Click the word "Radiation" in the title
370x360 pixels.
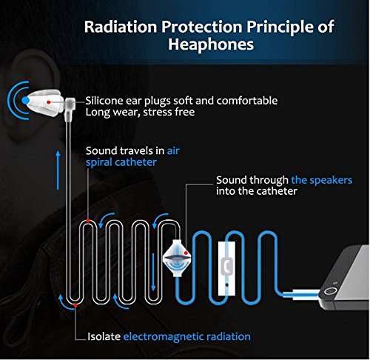pos(123,28)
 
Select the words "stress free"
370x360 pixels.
pos(172,113)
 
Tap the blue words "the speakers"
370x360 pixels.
pos(321,180)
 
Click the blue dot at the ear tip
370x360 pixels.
pos(27,99)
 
